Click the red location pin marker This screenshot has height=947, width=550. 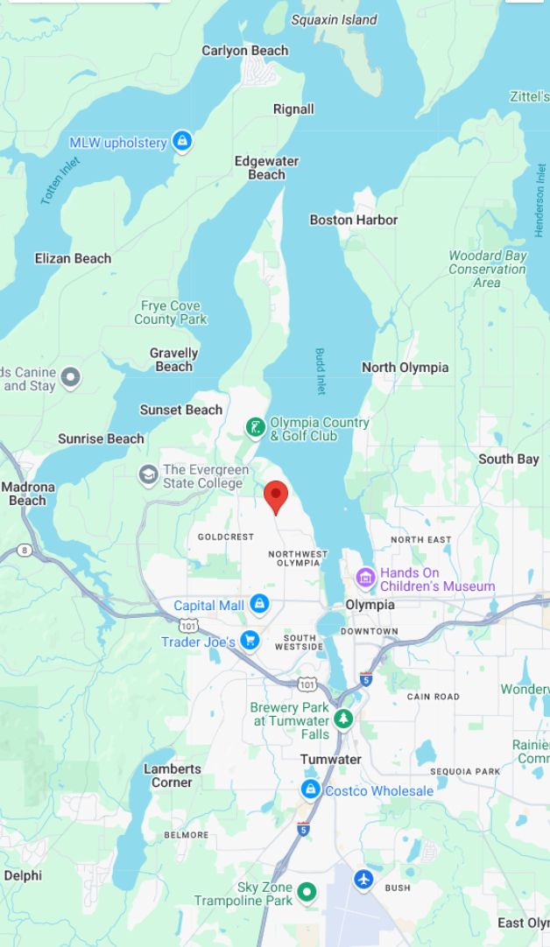point(276,495)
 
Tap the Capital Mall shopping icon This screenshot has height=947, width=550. point(259,604)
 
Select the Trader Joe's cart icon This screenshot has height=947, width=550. point(250,641)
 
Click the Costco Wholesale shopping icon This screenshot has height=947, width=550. point(310,789)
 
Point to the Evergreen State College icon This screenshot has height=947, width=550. point(149,475)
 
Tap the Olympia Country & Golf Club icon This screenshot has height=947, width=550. point(254,428)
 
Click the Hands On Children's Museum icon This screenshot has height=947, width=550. point(365,579)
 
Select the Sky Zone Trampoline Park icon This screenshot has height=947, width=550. point(307,892)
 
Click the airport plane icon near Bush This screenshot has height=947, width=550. point(364,879)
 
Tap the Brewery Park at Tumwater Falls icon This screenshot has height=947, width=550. point(343,719)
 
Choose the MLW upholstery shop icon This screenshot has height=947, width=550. point(182,141)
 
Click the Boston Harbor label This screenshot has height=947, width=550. point(354,220)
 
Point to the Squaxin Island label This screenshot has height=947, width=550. point(335,19)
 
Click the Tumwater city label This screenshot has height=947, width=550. point(331,759)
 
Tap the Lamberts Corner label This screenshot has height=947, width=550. point(173,775)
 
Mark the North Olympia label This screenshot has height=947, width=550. point(405,368)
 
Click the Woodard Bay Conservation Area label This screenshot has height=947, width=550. point(488,269)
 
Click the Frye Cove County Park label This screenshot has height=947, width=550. point(171,312)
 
